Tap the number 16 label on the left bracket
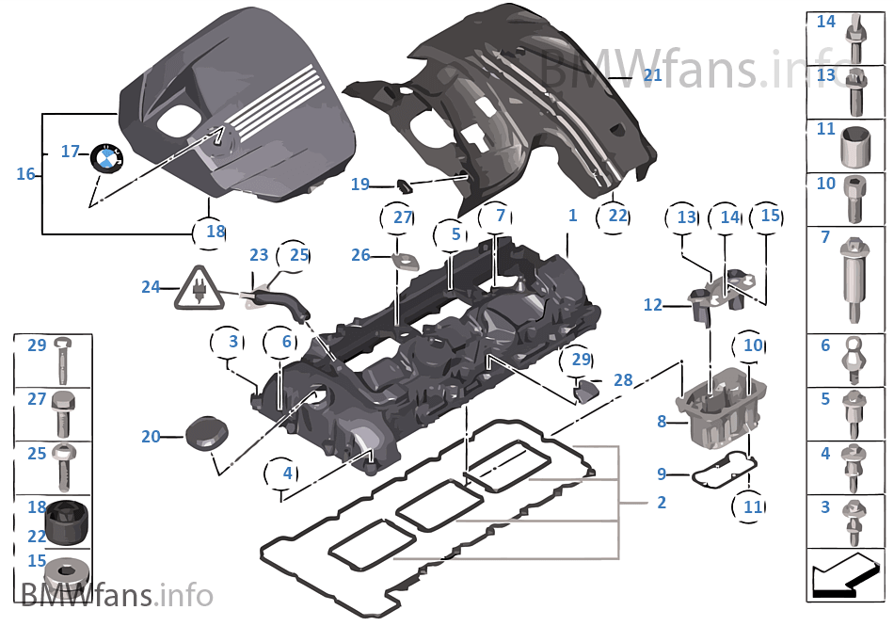click(25, 173)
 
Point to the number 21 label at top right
click(652, 75)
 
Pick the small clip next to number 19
click(403, 185)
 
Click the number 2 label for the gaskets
click(662, 503)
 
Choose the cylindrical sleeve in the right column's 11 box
click(853, 145)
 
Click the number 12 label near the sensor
click(653, 305)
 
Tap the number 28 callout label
click(623, 379)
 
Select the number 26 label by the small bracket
click(360, 255)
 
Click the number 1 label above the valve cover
click(572, 216)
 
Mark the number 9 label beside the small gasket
click(661, 474)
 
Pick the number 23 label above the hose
click(259, 254)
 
